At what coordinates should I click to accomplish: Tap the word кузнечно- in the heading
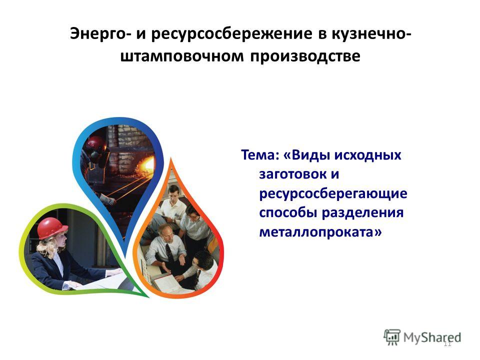(x=371, y=33)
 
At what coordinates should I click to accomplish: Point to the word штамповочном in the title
(x=182, y=56)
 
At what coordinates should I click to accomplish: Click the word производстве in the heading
(x=305, y=56)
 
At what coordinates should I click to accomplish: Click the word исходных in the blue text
(x=367, y=155)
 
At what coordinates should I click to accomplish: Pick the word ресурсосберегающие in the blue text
(x=333, y=194)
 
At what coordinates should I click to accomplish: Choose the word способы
(x=287, y=213)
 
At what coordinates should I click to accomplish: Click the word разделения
(x=362, y=213)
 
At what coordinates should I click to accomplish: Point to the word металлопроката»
(x=320, y=231)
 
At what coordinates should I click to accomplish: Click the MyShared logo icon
(x=392, y=337)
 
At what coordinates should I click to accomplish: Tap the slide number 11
(x=447, y=344)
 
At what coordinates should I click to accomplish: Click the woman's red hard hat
(x=52, y=228)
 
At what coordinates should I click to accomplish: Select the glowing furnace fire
(x=146, y=164)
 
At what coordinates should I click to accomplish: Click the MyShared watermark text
(x=432, y=337)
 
